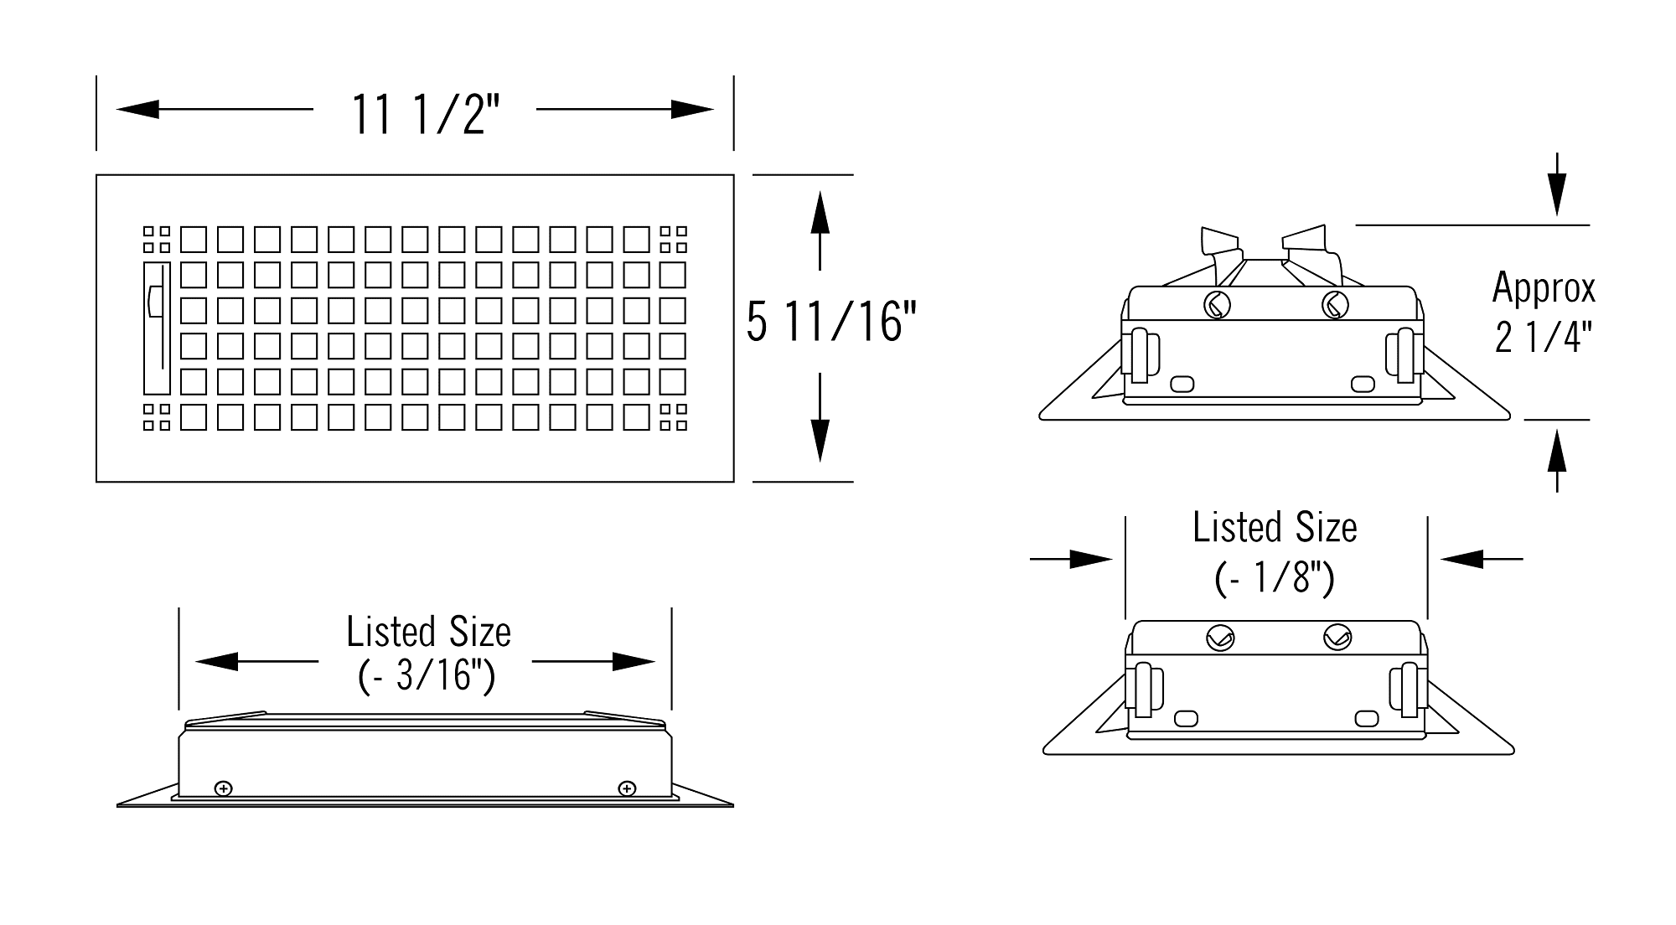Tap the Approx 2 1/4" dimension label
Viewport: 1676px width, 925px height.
point(1544,313)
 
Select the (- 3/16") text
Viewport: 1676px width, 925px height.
point(427,674)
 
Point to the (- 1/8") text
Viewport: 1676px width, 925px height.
point(1275,577)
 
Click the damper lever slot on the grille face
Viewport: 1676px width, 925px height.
point(157,328)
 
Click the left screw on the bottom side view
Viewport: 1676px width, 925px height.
point(224,788)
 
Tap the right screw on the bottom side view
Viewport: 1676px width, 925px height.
point(627,788)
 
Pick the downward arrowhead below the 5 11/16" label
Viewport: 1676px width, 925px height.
point(820,438)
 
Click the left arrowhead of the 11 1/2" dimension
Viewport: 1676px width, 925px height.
point(137,109)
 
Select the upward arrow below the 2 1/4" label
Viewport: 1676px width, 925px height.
point(1557,460)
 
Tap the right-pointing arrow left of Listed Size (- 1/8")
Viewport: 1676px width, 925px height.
point(1072,559)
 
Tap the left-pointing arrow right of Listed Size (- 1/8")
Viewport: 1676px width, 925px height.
point(1482,559)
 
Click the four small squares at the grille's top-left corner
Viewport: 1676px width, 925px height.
point(157,239)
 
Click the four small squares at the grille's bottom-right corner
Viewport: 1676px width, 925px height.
point(674,417)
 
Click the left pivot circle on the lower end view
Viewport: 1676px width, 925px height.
point(1218,638)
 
